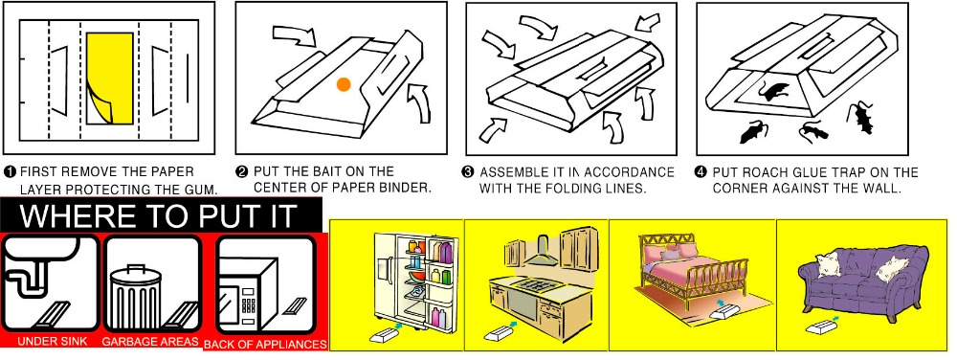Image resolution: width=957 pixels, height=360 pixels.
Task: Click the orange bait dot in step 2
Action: point(344,85)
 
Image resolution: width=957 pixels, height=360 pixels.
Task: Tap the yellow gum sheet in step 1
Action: point(110,79)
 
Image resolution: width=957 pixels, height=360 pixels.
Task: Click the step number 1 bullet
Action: point(11,171)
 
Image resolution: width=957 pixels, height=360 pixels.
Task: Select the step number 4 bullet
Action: point(701,172)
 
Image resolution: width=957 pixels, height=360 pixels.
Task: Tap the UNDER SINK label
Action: point(52,341)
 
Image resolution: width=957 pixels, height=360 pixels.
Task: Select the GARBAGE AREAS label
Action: point(150,341)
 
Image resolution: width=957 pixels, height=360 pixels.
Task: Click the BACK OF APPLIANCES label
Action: point(265,345)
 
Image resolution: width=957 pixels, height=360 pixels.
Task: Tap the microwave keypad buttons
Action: point(249,299)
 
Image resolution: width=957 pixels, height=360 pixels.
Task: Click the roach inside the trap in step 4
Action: point(771,93)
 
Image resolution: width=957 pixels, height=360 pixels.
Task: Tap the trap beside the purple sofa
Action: point(820,327)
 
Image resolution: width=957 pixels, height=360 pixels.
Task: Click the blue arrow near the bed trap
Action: point(722,302)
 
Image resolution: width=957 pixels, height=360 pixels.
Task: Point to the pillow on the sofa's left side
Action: point(828,265)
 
